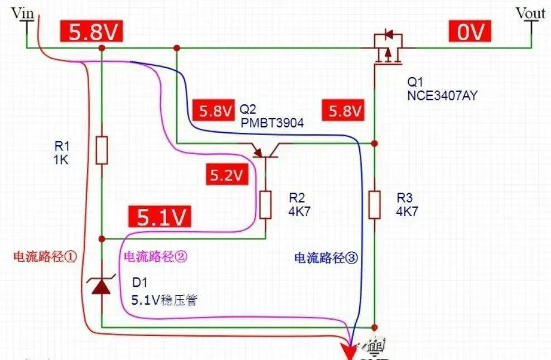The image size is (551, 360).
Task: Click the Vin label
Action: coord(23,13)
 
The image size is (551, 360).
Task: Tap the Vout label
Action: coord(530,13)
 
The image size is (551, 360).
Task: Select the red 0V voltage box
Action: coord(470,31)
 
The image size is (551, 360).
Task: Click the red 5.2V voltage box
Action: coord(227,174)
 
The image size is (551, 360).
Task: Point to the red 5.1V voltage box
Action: coord(160,216)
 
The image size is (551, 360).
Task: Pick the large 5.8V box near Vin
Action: coord(91,31)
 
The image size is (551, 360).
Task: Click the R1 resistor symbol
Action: coord(102,151)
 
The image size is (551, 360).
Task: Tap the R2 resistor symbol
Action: coord(265,205)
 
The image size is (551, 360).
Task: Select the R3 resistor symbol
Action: coord(375,205)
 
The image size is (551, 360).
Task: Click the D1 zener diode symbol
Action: coord(101,284)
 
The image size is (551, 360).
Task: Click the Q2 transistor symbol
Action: coord(265,151)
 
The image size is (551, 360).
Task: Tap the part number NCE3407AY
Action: coord(442,95)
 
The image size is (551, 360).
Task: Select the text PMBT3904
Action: coord(272,123)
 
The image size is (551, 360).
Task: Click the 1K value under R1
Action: coord(61,160)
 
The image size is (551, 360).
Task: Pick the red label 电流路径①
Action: coord(45,257)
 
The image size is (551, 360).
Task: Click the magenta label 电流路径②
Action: coord(156,257)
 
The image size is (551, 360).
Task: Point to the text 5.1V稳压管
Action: coord(165,300)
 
